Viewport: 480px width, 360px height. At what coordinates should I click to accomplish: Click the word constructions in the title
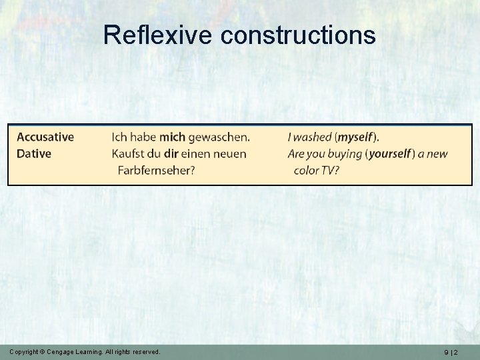[x=298, y=35]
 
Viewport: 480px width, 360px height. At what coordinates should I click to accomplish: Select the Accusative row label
[x=45, y=137]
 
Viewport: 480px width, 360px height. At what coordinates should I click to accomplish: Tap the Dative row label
[x=34, y=154]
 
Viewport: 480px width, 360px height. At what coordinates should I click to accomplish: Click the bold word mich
[x=172, y=137]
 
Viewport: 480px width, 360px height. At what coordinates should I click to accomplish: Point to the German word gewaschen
[x=219, y=137]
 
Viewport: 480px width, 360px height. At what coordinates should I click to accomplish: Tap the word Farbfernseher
[x=157, y=170]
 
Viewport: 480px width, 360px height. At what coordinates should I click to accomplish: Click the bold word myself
[x=356, y=137]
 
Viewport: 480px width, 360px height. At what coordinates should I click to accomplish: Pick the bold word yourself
[x=390, y=154]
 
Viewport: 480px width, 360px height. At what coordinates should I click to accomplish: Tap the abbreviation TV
[x=331, y=170]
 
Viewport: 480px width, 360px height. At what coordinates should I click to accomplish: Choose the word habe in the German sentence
[x=143, y=137]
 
